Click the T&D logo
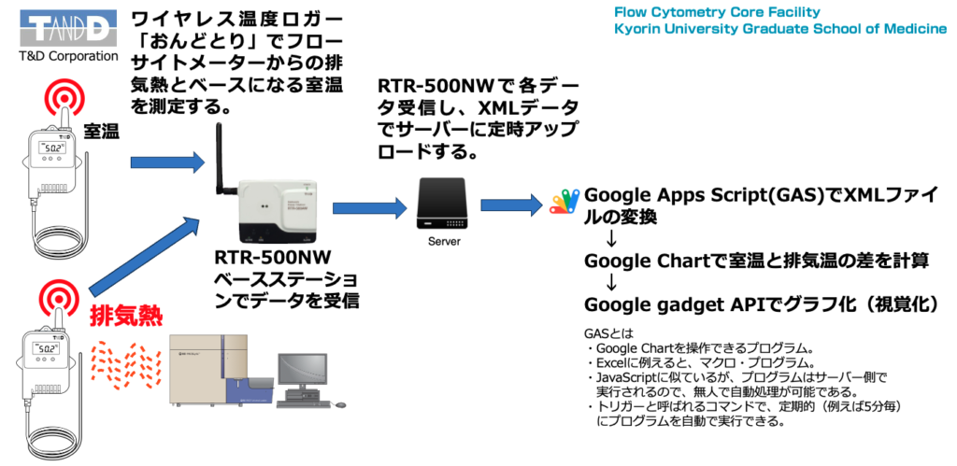coord(61,28)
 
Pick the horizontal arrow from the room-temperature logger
coord(168,163)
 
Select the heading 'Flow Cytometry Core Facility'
coord(717,12)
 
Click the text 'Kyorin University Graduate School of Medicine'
coord(779,29)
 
